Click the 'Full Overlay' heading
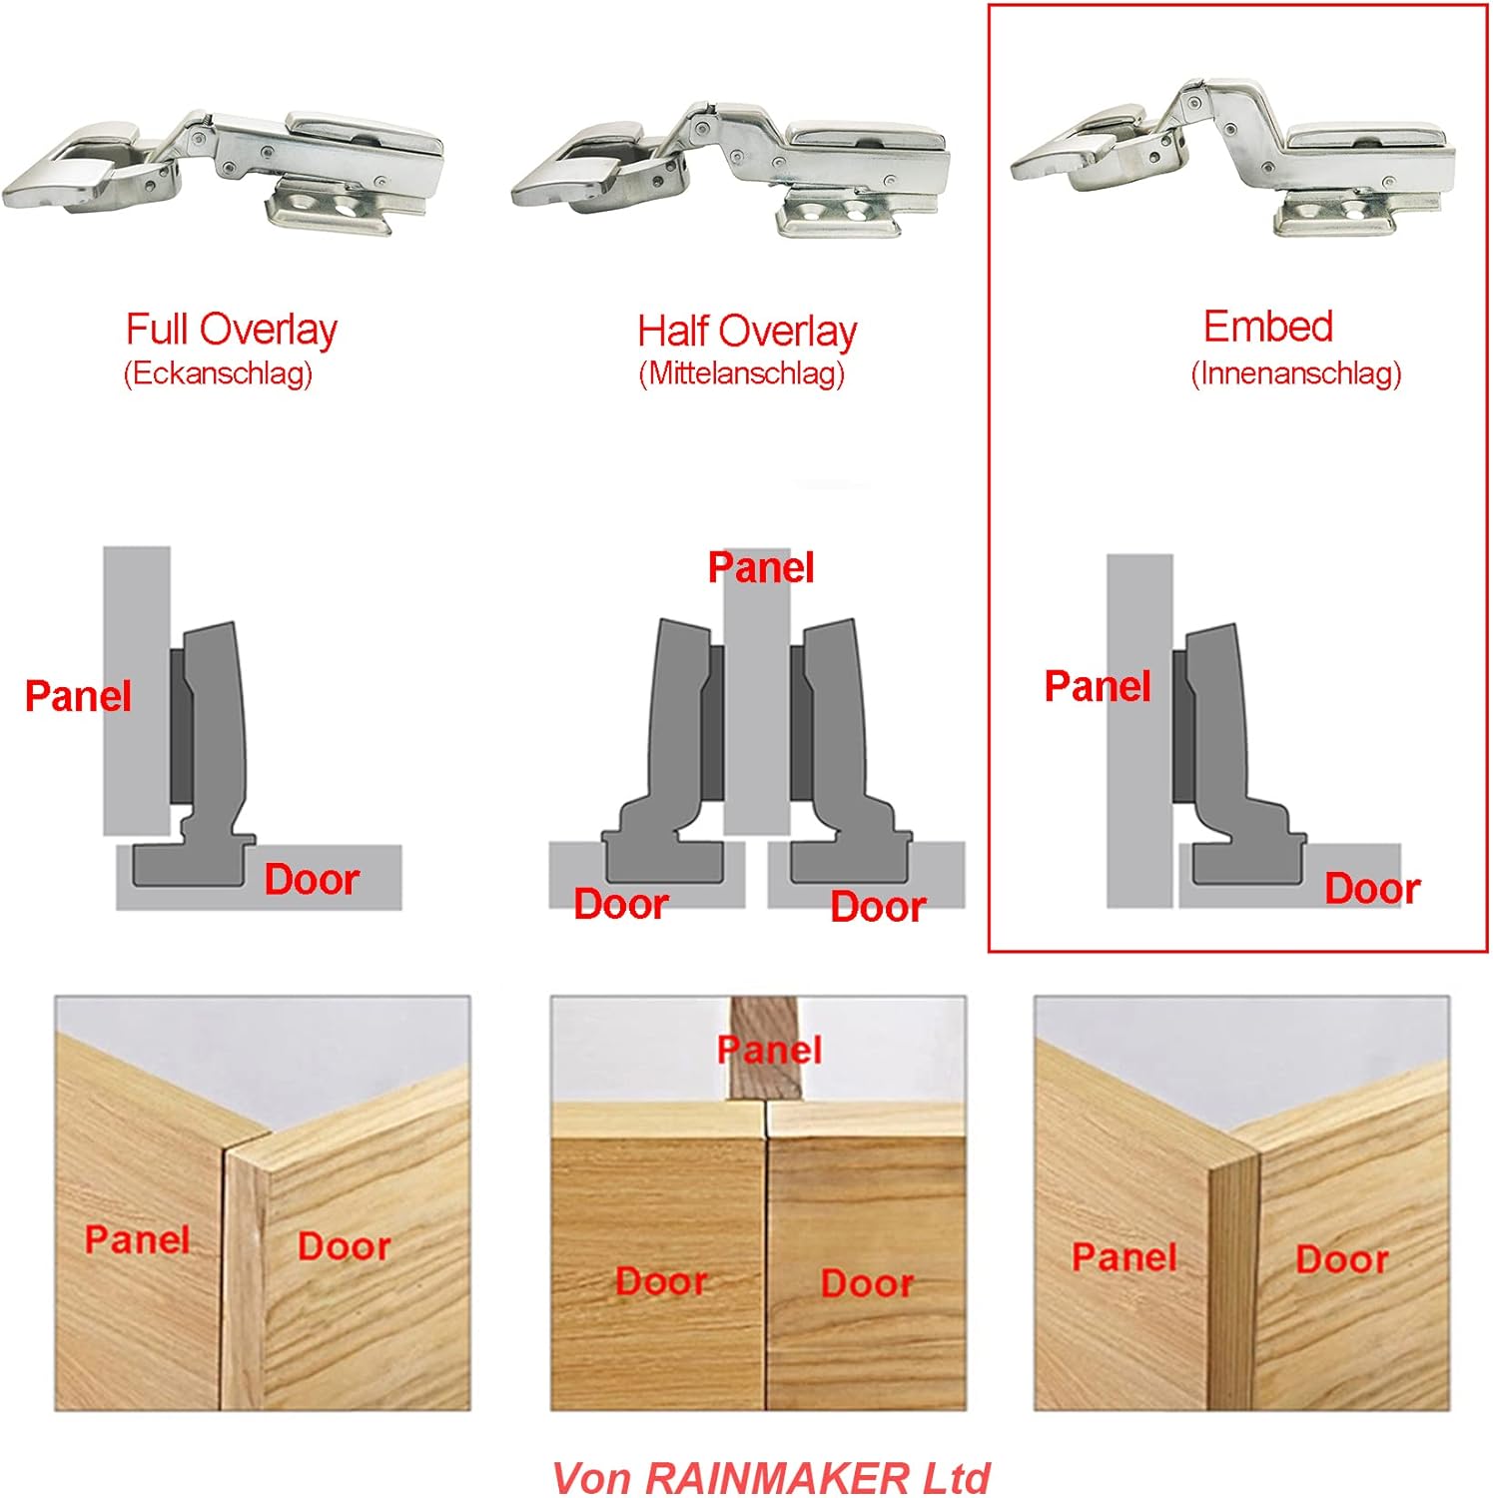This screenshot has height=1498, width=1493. [231, 330]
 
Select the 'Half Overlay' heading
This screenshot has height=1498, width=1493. [747, 332]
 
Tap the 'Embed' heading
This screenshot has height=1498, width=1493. [1267, 327]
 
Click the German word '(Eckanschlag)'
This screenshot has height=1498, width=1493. [218, 374]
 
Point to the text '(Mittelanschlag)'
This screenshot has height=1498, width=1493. [741, 374]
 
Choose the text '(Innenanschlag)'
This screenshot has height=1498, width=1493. [1295, 374]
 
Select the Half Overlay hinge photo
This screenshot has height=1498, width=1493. [731, 170]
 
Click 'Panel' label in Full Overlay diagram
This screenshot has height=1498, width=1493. [78, 696]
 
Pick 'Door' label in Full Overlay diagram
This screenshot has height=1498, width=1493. [312, 880]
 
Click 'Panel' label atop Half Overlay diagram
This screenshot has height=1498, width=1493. [761, 568]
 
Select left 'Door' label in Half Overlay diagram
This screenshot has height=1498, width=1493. [620, 904]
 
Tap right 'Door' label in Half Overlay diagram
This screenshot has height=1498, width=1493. [878, 907]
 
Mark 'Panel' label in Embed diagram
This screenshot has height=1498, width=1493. [1098, 686]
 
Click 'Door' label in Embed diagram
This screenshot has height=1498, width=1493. [1372, 889]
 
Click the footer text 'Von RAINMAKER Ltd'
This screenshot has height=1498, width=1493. [770, 1477]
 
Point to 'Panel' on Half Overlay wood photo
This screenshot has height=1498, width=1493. [769, 1050]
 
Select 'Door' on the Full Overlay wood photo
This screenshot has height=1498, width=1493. [344, 1246]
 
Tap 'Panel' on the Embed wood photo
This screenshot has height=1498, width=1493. [1124, 1257]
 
